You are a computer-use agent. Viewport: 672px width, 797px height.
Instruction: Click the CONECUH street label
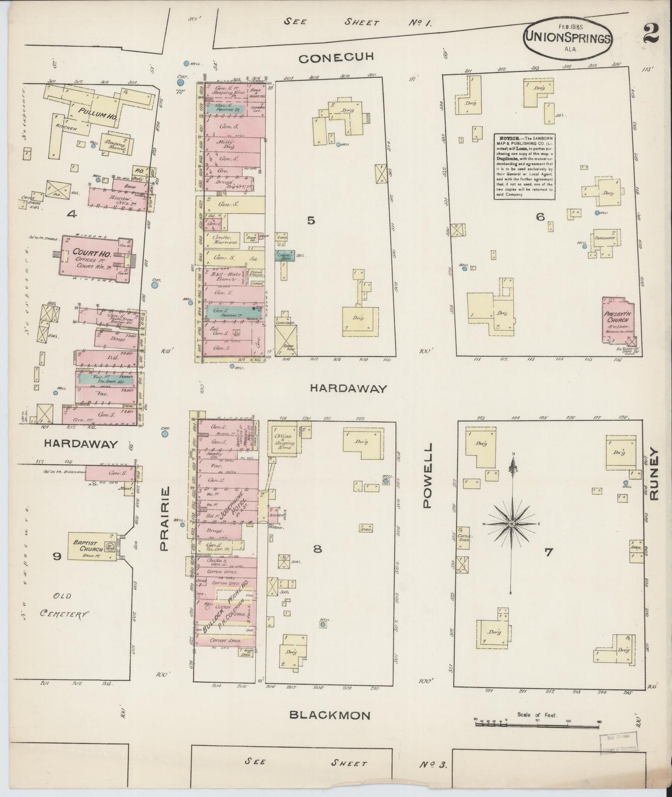[x=337, y=59]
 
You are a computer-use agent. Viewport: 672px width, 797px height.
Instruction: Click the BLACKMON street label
[x=330, y=716]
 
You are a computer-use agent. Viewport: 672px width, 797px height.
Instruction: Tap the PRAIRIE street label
[x=164, y=519]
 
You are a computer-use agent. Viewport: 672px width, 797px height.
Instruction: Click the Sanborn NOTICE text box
[x=525, y=166]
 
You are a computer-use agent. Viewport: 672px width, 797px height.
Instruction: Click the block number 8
[x=317, y=549]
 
